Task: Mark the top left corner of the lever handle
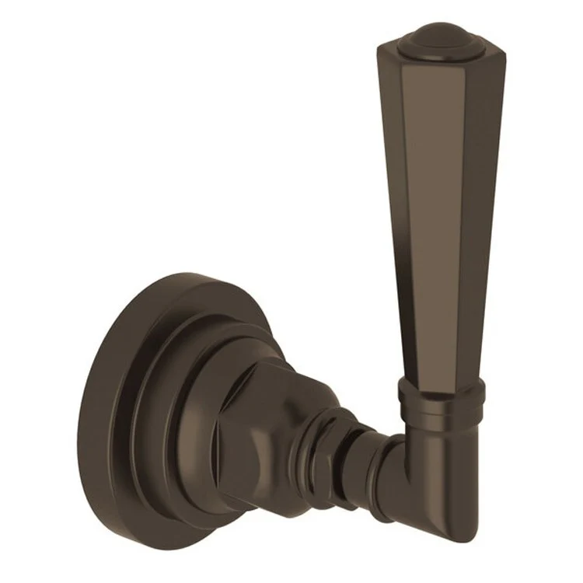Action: click(379, 48)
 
